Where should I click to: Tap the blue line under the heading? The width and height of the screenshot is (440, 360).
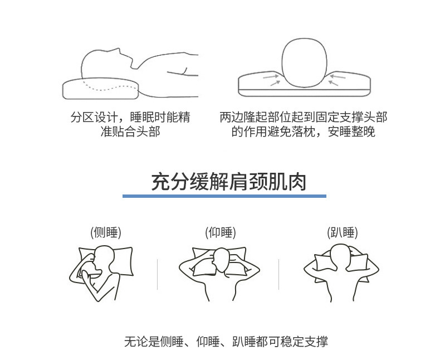coord(224,196)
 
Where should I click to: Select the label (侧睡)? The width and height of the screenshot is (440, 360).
coord(106,232)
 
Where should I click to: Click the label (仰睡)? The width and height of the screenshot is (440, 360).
coord(221,232)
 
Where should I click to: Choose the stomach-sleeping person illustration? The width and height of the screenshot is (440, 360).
coord(341,272)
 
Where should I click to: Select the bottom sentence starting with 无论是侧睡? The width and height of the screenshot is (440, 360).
coord(226,341)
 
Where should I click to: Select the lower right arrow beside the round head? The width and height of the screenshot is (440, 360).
coord(333,83)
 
